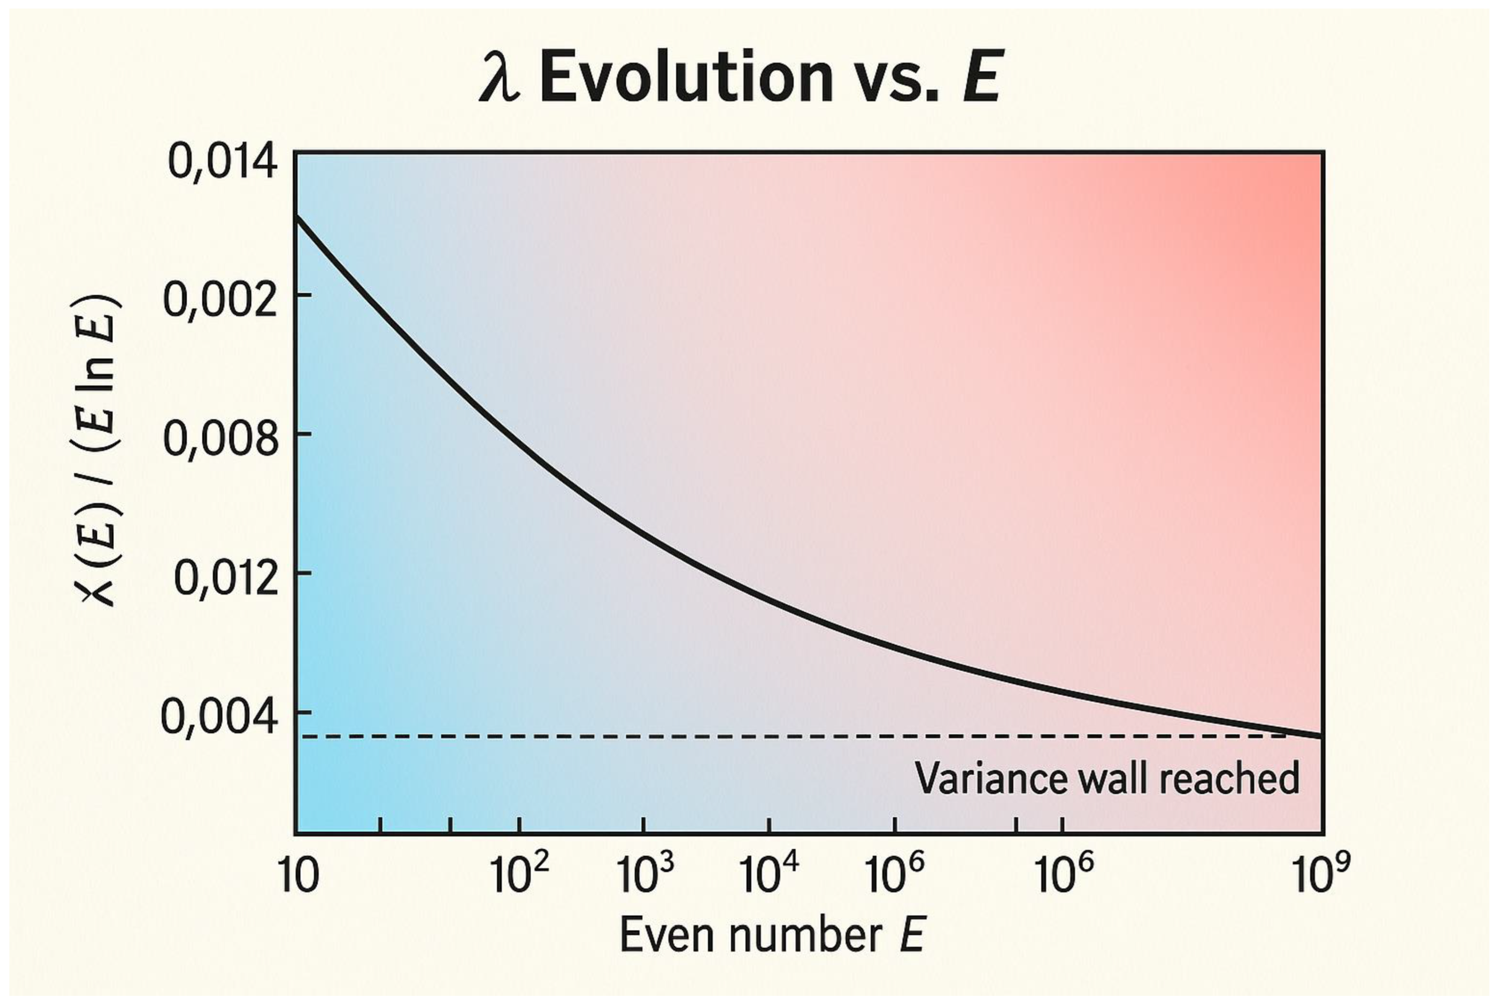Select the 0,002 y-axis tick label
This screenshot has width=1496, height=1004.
coord(221,300)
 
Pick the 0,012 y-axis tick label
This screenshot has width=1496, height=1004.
coord(226,579)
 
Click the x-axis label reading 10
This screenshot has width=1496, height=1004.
coord(299,876)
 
